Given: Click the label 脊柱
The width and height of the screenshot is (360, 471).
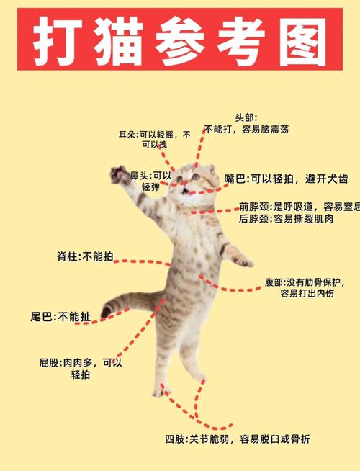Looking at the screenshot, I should [x=68, y=256].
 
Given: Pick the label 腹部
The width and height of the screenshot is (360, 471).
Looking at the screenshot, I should [x=274, y=281].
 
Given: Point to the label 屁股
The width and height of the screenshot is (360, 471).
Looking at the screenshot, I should [x=51, y=363].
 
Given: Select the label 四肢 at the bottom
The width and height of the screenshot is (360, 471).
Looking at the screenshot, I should [x=175, y=439].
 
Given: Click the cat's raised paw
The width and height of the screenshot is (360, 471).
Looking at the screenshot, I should [x=117, y=174].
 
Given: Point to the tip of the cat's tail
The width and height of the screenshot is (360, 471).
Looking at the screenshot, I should [x=106, y=312].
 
